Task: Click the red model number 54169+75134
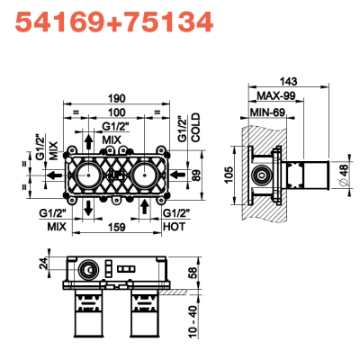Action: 114,22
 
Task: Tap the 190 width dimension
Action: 117,98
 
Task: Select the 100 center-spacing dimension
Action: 117,112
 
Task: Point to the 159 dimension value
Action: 116,227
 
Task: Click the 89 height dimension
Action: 196,175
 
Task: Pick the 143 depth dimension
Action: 288,81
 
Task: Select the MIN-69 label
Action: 267,112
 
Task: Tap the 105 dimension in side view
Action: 229,175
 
